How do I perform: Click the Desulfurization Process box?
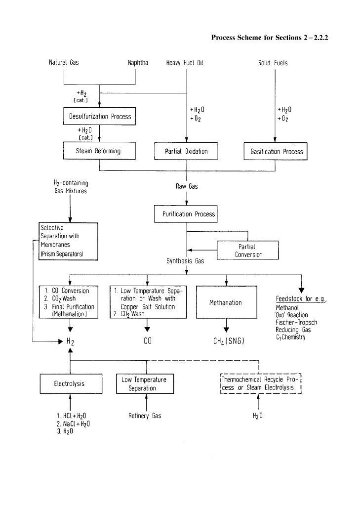click(x=99, y=117)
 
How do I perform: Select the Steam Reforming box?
click(x=99, y=151)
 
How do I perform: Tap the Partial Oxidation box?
click(x=186, y=151)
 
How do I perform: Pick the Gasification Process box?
click(x=276, y=151)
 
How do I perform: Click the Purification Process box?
click(x=186, y=214)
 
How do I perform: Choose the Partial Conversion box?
click(x=247, y=251)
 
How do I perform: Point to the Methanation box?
click(x=226, y=302)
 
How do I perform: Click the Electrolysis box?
click(x=71, y=383)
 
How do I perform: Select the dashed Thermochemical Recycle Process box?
click(x=260, y=383)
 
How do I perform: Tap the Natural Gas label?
click(x=63, y=63)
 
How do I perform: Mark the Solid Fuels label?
click(x=273, y=63)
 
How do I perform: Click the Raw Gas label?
click(x=187, y=186)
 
